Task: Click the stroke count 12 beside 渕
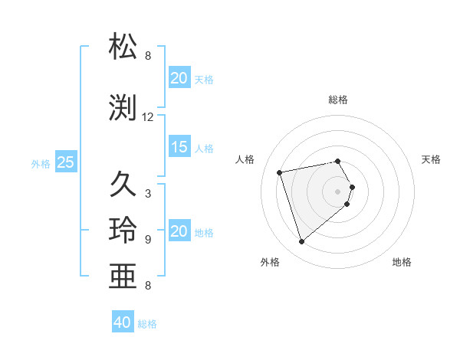148,117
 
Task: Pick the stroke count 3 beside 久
147,194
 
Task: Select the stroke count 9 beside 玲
147,239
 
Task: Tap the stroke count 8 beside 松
147,56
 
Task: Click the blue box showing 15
179,147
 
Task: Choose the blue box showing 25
65,162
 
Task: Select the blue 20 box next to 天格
179,78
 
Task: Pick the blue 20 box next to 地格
179,231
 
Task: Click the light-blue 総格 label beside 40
147,324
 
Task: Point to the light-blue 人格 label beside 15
204,148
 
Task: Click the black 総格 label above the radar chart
338,100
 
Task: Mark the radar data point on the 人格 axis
280,172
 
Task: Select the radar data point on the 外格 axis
301,242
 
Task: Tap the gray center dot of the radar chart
338,191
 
